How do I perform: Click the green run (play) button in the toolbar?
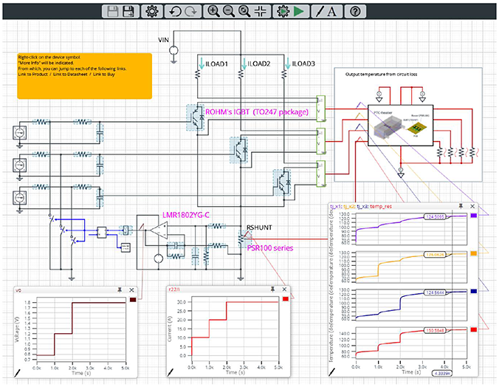[298, 11]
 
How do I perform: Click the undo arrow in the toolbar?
[175, 11]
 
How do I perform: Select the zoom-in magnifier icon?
[213, 11]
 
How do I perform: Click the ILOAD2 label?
[258, 64]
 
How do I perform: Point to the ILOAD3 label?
[303, 64]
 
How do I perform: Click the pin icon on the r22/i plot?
[272, 290]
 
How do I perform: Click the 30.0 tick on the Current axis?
[182, 301]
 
